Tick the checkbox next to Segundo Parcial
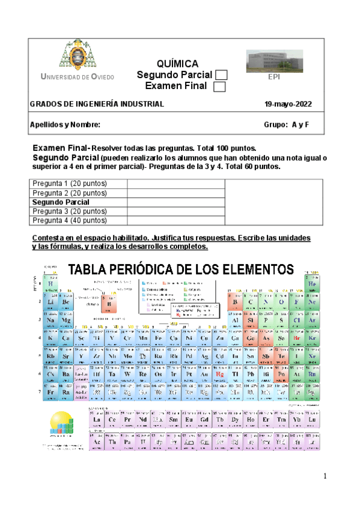(221, 75)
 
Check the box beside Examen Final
(219, 87)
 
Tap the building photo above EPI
(274, 61)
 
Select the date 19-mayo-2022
(288, 104)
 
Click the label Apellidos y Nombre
(61, 125)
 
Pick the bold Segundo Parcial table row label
(61, 202)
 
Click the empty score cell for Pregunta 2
(175, 193)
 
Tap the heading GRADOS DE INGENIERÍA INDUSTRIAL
(97, 104)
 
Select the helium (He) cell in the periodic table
(312, 284)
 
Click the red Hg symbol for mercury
(220, 373)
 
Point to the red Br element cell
(296, 339)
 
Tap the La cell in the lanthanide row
(95, 420)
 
